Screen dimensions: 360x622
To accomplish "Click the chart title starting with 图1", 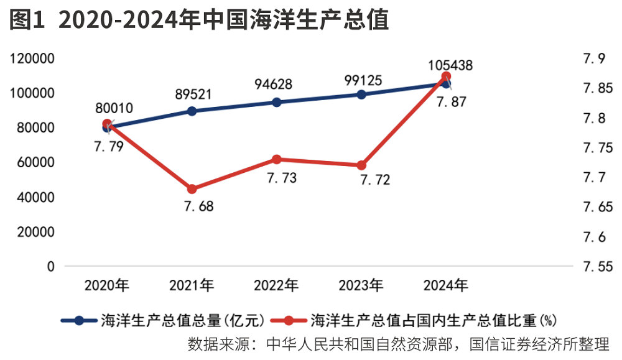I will click(x=199, y=20).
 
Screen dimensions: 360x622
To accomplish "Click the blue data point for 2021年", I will click(x=192, y=111).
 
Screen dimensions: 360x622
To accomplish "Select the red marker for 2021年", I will click(x=192, y=189).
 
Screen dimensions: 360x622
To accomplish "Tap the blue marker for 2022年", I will click(x=277, y=102).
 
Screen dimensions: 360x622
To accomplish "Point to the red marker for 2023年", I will click(x=361, y=165).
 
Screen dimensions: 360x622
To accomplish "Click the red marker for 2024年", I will click(x=446, y=77).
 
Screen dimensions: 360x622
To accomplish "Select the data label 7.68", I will click(x=198, y=206).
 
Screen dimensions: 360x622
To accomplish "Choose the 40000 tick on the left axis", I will click(x=35, y=197).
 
